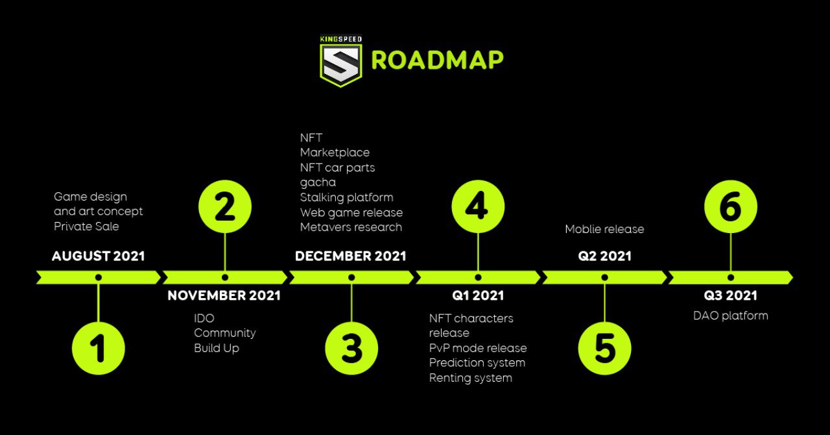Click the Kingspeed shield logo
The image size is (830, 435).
[341, 61]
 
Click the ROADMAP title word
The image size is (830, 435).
[437, 60]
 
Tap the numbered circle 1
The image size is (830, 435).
[98, 348]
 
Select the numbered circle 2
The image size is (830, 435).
[225, 206]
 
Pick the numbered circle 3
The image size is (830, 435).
[351, 348]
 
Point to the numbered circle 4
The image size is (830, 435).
[478, 206]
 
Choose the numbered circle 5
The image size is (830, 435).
[604, 348]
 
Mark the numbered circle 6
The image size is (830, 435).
[731, 206]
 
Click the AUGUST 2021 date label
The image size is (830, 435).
[98, 256]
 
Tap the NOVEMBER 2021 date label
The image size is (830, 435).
[224, 295]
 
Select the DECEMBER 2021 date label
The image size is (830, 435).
[351, 256]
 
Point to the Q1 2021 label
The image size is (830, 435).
[478, 295]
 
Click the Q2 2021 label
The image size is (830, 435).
[605, 256]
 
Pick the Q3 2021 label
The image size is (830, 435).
[730, 295]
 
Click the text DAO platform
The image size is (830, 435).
[731, 316]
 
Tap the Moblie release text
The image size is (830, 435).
[605, 229]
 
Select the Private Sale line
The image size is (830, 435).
[86, 227]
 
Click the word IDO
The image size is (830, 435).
[204, 318]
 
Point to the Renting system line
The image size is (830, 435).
[471, 378]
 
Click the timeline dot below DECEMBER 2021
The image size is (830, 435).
[351, 277]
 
